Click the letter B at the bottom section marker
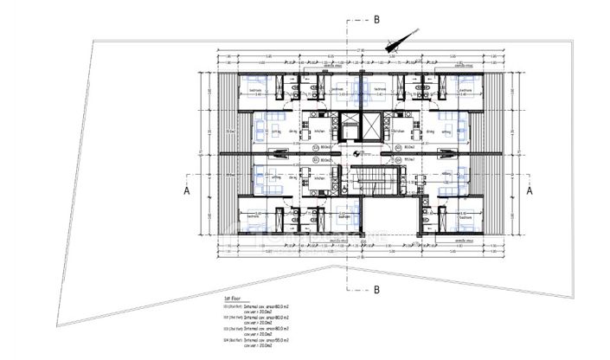click(x=377, y=289)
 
